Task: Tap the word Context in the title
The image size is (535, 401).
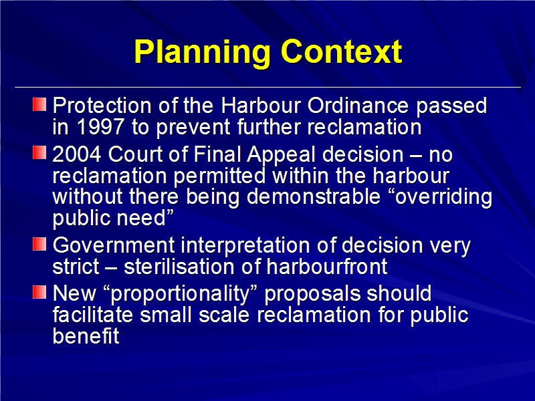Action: tap(342, 51)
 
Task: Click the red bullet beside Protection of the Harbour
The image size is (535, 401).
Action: tap(39, 104)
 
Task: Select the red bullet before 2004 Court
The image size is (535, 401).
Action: tap(39, 152)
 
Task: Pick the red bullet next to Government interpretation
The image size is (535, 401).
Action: tap(39, 244)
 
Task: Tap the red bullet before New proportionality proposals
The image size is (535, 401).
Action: tap(39, 292)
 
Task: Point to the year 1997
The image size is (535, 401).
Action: tap(100, 127)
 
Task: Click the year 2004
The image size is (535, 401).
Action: tap(77, 154)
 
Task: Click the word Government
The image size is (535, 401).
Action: tap(114, 245)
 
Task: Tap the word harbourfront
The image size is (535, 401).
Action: tap(327, 266)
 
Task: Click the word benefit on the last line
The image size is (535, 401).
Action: tap(86, 336)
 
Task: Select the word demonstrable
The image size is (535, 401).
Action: tap(313, 196)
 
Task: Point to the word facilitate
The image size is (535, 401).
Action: tap(93, 314)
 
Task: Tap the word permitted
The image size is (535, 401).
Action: tap(219, 176)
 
